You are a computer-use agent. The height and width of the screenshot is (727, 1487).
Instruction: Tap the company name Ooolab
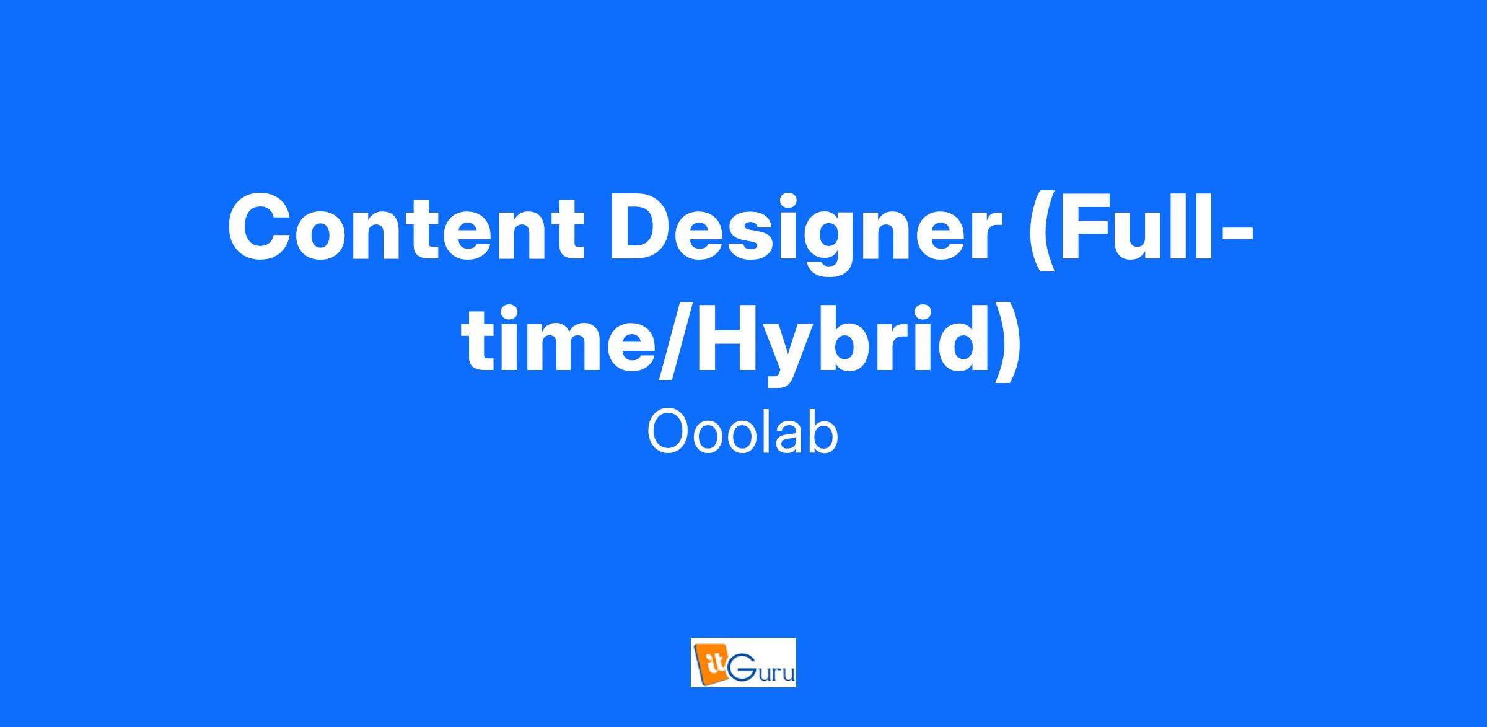pos(742,433)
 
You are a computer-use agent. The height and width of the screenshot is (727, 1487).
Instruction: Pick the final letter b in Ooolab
pos(823,433)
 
